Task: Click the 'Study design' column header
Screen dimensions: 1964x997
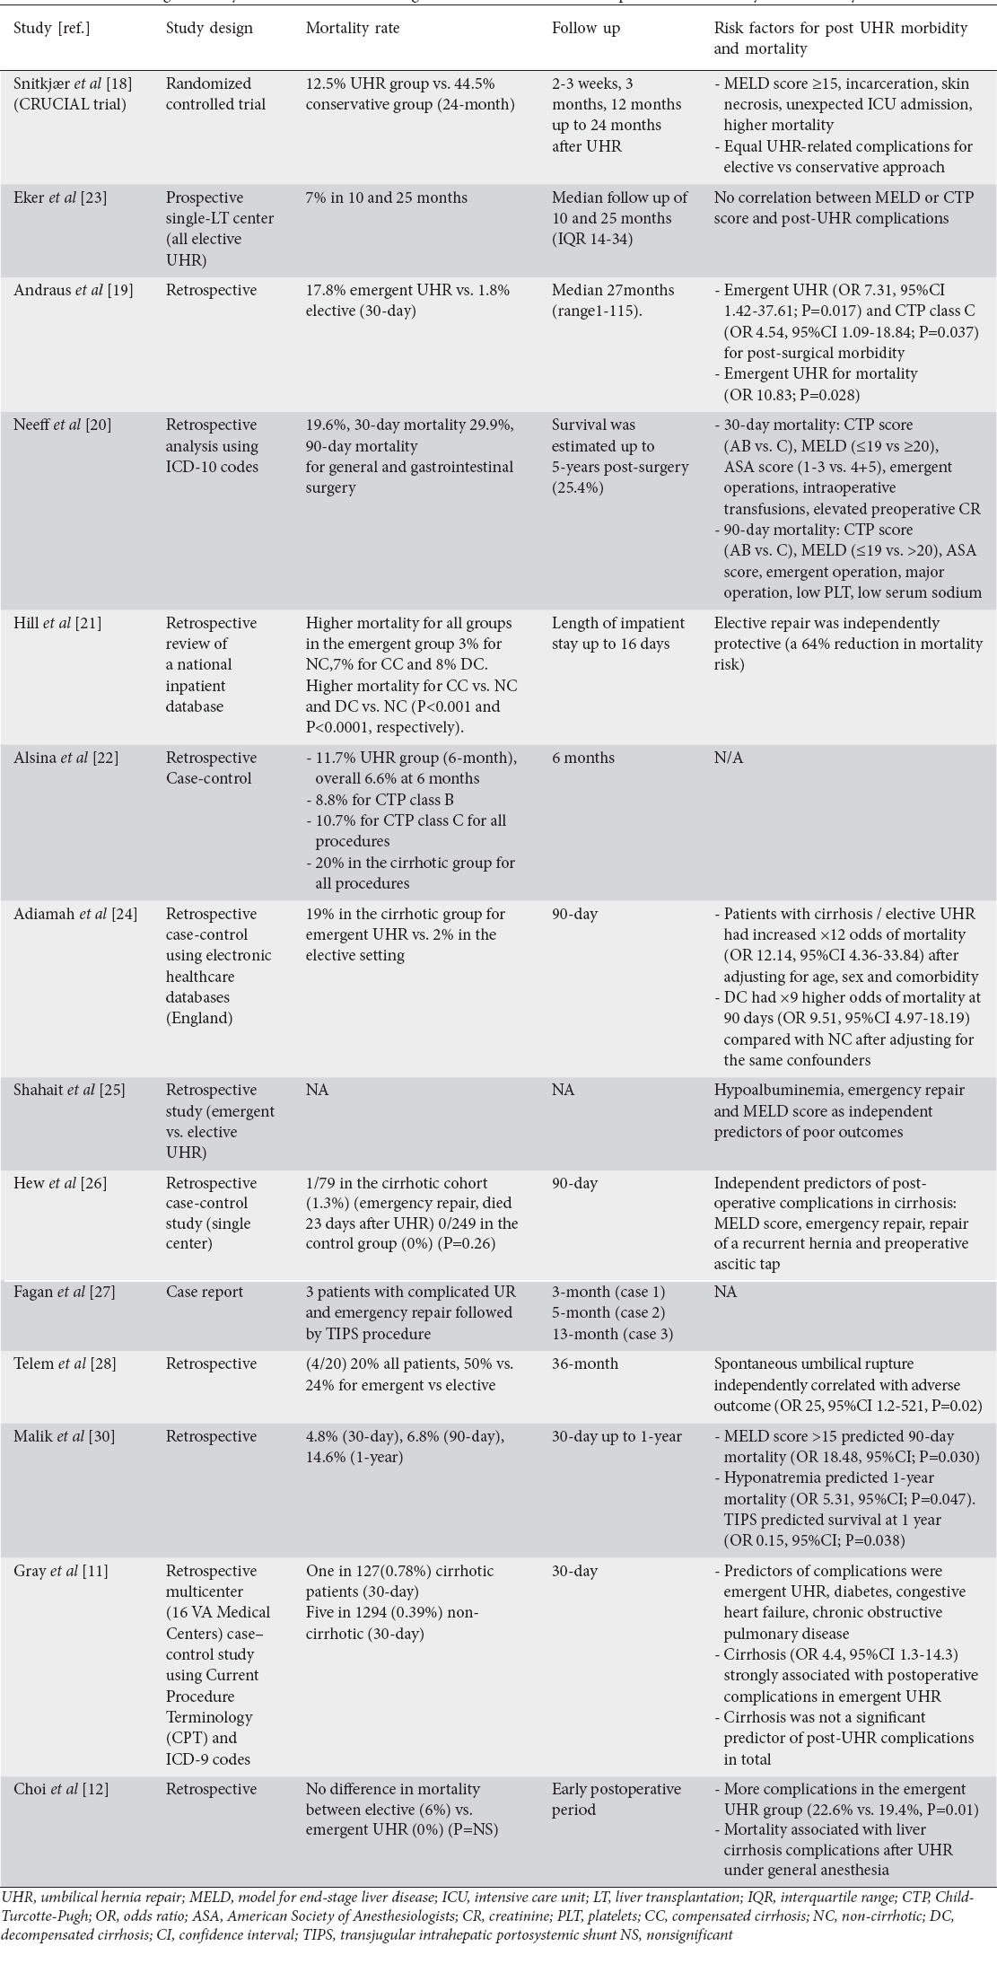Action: tap(209, 28)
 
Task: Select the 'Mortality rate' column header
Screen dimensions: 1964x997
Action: tap(353, 28)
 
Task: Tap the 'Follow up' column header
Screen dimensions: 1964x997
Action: tap(586, 28)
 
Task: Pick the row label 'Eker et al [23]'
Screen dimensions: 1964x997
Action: tap(60, 197)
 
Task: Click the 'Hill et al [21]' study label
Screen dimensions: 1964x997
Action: tap(57, 623)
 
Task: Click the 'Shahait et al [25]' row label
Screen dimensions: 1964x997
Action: tap(69, 1090)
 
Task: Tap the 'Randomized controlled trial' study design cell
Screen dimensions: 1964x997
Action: tap(215, 93)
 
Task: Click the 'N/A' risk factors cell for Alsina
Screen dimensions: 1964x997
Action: tap(729, 758)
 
